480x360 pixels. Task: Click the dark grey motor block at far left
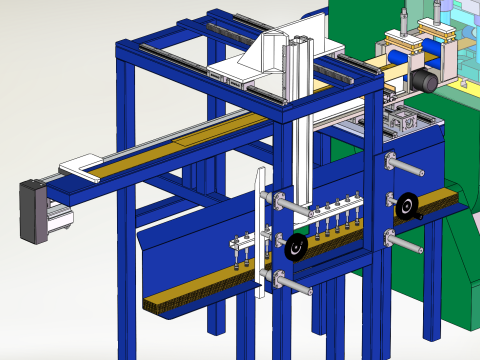(x=32, y=209)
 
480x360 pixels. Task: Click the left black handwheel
(x=295, y=246)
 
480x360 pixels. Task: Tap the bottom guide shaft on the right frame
(x=404, y=242)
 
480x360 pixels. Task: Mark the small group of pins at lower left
(x=239, y=250)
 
